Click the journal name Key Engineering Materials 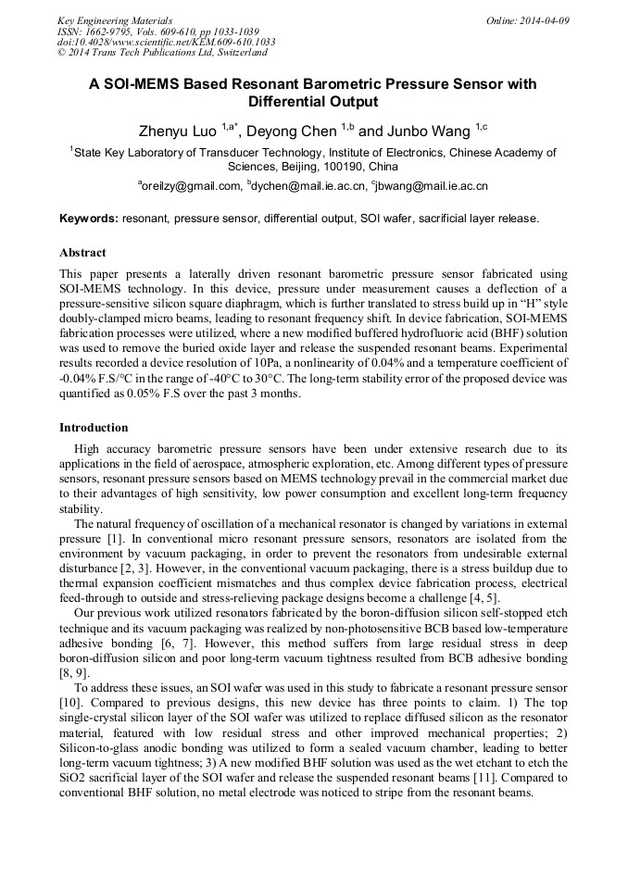pyautogui.click(x=115, y=19)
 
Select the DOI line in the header pyautogui.click(x=166, y=42)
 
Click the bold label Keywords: pyautogui.click(x=89, y=219)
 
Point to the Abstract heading pyautogui.click(x=82, y=253)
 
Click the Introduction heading pyautogui.click(x=94, y=428)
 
